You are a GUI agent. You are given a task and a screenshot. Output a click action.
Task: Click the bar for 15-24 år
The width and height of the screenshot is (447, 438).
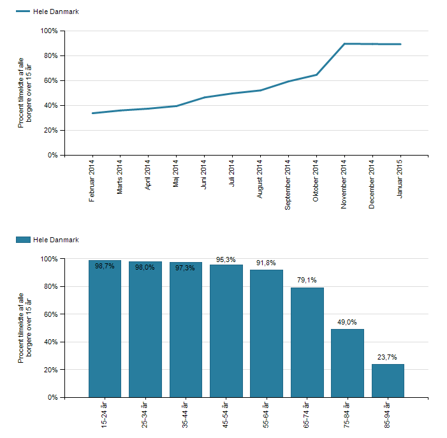click(x=105, y=328)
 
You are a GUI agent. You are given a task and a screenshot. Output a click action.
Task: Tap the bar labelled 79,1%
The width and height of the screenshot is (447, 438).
click(x=307, y=342)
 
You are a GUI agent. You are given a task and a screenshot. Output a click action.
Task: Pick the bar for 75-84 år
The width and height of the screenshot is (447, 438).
click(x=348, y=363)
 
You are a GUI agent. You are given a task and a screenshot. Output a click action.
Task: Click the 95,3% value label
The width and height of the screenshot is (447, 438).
click(x=226, y=259)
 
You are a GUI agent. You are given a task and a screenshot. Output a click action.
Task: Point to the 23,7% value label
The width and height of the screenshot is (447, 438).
click(x=388, y=358)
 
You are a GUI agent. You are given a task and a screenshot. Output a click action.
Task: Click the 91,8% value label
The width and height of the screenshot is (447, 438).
click(x=267, y=264)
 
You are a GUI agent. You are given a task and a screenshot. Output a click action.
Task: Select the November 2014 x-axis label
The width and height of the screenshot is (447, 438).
click(x=344, y=184)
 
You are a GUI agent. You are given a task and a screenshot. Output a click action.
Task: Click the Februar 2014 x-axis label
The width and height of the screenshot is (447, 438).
click(x=92, y=181)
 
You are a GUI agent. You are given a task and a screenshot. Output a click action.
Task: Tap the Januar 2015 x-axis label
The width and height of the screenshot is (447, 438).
click(x=400, y=179)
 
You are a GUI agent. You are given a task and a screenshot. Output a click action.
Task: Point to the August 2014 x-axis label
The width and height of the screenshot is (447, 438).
click(x=260, y=179)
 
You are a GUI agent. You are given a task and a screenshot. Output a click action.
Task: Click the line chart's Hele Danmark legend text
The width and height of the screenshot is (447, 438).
click(x=56, y=11)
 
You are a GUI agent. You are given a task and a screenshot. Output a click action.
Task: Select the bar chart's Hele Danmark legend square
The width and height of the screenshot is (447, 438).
click(x=23, y=240)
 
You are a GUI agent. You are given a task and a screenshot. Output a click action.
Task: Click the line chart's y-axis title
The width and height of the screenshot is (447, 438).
click(x=25, y=92)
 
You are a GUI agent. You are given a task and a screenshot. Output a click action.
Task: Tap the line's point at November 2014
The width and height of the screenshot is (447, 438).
click(x=344, y=44)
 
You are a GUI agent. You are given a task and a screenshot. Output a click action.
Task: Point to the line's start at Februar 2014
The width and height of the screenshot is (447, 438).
click(x=93, y=113)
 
